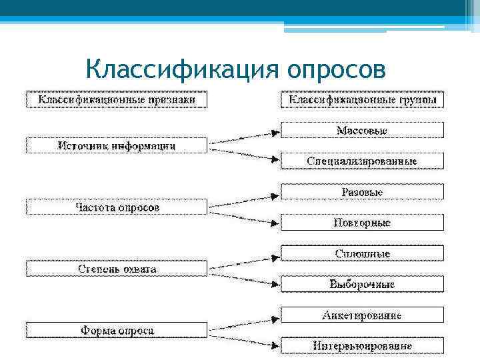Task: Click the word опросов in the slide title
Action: click(x=337, y=68)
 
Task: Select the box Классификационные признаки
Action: click(x=117, y=99)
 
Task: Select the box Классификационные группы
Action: click(x=362, y=99)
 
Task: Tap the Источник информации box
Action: click(x=117, y=145)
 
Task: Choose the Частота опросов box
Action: click(x=117, y=207)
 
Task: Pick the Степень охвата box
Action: click(x=117, y=269)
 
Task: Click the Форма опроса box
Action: click(x=117, y=330)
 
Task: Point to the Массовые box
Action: click(x=362, y=130)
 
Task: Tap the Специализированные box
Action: click(x=362, y=161)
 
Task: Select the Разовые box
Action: click(x=362, y=192)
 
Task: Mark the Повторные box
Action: click(x=362, y=223)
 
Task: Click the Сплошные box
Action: click(x=362, y=253)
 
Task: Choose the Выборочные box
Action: click(x=362, y=284)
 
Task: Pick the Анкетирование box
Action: click(x=362, y=315)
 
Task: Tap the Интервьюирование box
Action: click(x=362, y=345)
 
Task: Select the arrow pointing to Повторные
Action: click(x=243, y=215)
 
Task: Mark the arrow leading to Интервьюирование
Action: click(x=243, y=338)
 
